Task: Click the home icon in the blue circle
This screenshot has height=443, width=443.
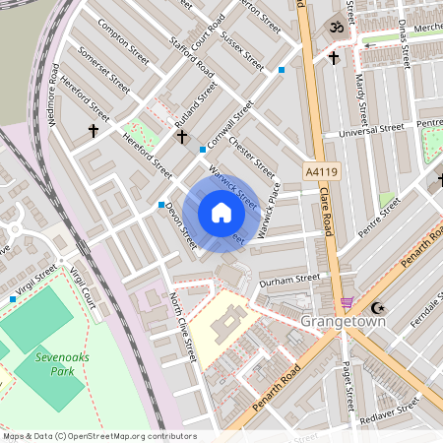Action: (x=221, y=213)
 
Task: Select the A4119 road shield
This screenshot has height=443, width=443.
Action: (x=322, y=170)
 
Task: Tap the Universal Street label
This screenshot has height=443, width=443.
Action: (x=371, y=129)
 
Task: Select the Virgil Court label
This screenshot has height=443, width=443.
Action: (x=87, y=292)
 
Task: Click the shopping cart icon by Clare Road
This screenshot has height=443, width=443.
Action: (x=346, y=303)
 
